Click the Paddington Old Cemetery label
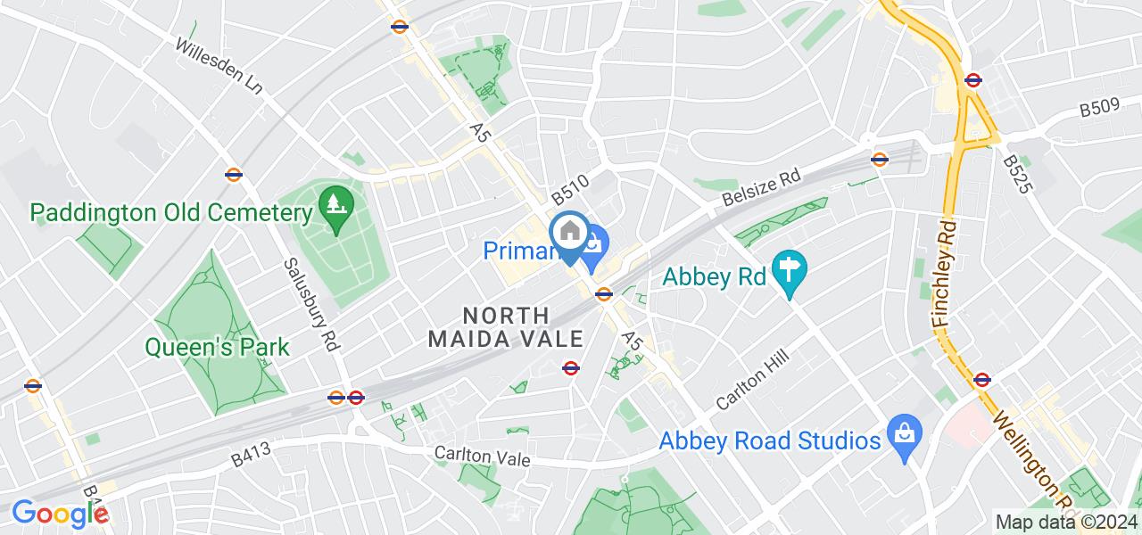pos(170,213)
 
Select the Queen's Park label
pos(218,346)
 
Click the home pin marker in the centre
pos(568,234)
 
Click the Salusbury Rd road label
pos(313,303)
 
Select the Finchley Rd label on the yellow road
pos(948,273)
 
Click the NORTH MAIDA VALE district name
pos(506,327)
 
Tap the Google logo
pos(59,514)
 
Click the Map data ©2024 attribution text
pos(1065,522)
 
